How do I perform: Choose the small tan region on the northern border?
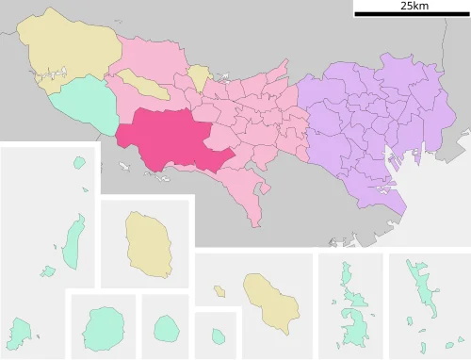pyautogui.click(x=199, y=77)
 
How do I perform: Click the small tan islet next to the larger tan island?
pyautogui.click(x=219, y=291)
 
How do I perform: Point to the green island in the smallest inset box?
pyautogui.click(x=218, y=335)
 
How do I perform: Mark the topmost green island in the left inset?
pyautogui.click(x=79, y=163)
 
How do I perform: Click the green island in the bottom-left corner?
pyautogui.click(x=19, y=332)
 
